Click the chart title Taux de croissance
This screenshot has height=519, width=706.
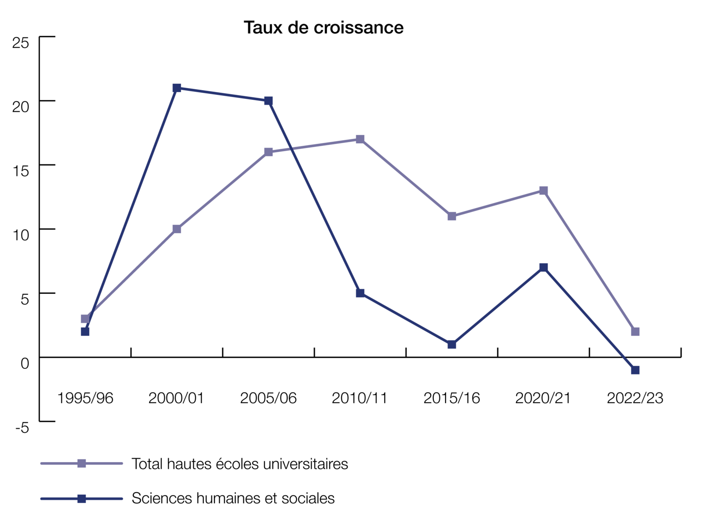pos(323,27)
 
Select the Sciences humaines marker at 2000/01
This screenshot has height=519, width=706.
pos(176,88)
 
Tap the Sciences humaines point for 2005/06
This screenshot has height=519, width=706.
pos(268,101)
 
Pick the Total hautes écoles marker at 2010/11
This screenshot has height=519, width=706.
pos(360,139)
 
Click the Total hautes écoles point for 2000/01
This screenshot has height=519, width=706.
pos(176,229)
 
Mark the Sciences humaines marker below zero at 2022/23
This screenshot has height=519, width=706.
pos(635,370)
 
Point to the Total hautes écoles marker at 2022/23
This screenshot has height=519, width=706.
pos(635,331)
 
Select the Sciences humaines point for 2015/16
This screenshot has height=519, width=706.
pos(451,344)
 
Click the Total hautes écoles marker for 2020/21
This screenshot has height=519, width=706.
pos(543,190)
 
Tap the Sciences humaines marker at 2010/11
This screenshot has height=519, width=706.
pos(360,293)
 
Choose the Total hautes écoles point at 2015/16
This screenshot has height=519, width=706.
pos(451,216)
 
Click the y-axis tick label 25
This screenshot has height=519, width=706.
pos(21,43)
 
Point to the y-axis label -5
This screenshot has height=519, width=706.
pos(22,428)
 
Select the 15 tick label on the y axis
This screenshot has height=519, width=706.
pos(21,171)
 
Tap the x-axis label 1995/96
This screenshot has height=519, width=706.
pos(85,398)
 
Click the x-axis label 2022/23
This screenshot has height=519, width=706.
pos(635,398)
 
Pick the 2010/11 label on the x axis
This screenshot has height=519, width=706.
pos(360,398)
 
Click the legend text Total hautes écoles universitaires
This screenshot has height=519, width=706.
pos(240,464)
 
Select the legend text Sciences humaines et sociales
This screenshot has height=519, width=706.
pos(233,498)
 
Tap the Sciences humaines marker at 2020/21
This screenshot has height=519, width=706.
pos(543,267)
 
